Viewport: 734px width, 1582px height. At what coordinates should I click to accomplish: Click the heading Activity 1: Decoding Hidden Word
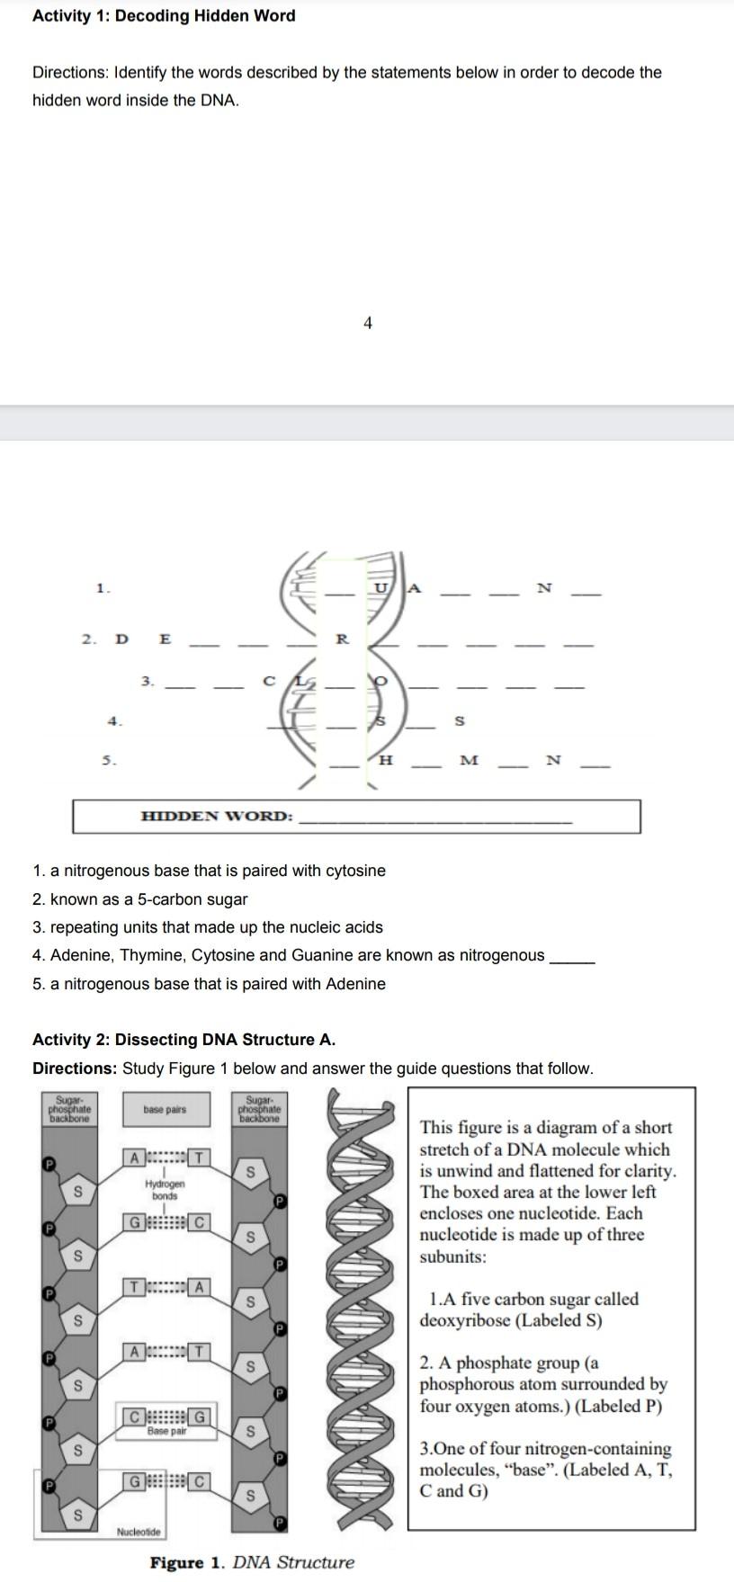point(164,16)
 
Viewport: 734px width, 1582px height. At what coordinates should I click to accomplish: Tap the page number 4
point(367,323)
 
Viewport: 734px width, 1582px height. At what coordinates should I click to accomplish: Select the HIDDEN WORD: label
point(217,817)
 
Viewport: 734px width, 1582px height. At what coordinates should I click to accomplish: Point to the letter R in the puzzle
point(342,639)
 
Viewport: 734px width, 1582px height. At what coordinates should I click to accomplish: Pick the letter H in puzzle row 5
point(387,761)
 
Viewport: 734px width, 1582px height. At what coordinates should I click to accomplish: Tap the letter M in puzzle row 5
point(469,761)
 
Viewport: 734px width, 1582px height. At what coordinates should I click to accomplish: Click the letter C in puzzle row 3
point(268,682)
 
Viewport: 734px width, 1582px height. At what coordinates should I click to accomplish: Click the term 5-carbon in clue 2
point(154,899)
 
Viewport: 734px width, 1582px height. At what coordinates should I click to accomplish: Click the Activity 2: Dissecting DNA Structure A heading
point(183,1040)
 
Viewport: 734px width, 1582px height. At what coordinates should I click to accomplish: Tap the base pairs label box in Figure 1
point(165,1110)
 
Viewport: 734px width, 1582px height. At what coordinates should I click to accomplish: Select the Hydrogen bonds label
point(165,1191)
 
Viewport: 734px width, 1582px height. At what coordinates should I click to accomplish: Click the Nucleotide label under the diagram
point(139,1532)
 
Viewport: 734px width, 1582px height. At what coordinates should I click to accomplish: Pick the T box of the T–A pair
point(135,1287)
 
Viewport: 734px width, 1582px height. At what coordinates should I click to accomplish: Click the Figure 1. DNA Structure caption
point(252,1562)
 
